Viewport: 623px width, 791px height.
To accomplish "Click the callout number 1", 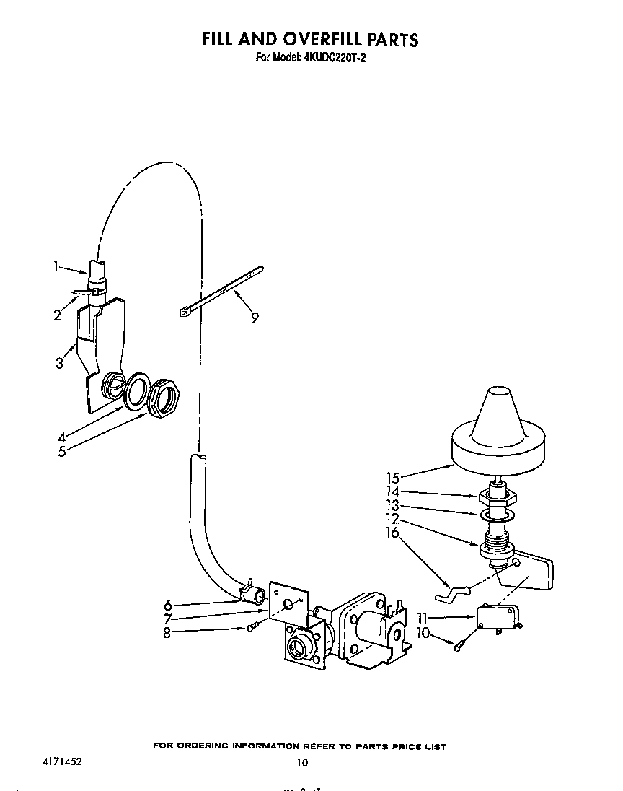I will tap(56, 266).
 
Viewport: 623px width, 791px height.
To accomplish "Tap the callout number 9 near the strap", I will tap(255, 316).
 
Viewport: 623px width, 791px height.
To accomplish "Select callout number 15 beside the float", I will tap(393, 477).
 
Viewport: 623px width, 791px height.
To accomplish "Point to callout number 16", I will tap(393, 533).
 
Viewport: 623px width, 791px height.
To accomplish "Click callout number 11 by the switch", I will tap(423, 618).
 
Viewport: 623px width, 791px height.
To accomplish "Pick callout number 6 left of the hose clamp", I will tap(167, 605).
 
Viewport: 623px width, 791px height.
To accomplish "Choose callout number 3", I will tap(59, 363).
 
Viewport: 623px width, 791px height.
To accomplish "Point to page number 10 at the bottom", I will tap(302, 763).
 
